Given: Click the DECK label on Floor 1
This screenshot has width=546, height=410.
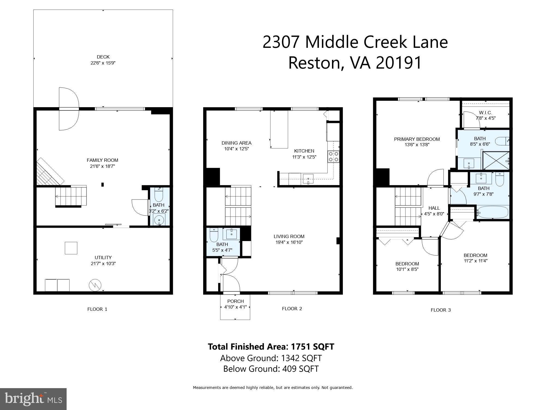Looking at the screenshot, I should pos(103,57).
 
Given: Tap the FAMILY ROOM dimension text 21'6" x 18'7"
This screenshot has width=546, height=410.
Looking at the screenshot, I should pos(102,166).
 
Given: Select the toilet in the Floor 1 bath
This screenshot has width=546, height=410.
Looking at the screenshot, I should pos(159,194).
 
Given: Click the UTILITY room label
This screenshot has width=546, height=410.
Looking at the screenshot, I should pos(103,257).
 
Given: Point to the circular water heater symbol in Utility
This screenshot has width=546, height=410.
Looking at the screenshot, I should pos(95,285).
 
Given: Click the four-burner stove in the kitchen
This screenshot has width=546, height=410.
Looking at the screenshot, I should pos(334,157).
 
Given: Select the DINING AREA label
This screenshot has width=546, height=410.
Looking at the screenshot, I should pos(236,143).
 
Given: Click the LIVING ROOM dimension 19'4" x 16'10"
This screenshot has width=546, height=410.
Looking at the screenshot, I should pos(289,242).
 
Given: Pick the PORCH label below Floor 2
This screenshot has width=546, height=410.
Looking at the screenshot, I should pos(235,301).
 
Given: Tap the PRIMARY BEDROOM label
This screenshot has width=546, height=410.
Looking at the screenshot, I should pos(417,139).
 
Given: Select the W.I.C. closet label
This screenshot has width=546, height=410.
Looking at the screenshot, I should pos(485,113).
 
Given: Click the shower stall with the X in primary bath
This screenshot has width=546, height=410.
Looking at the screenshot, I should pos(495,160).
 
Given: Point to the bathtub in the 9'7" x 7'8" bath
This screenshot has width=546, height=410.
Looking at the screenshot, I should pos(493,212).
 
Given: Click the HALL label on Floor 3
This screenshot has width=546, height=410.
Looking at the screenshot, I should pos(434,208).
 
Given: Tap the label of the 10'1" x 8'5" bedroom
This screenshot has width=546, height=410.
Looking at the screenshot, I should pos(407,264).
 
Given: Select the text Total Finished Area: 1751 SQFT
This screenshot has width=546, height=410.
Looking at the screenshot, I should pos(271,347).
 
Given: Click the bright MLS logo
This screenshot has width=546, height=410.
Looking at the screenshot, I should pos(33,399).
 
